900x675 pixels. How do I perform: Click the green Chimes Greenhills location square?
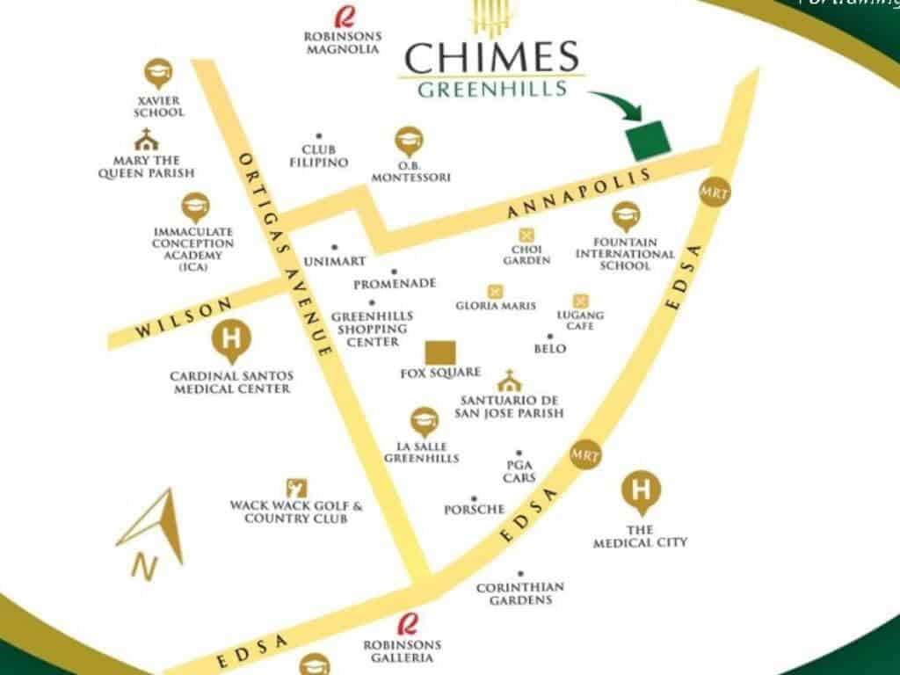click(x=646, y=140)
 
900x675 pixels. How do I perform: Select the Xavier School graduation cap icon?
click(x=158, y=73)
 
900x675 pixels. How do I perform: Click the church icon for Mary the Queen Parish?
click(x=146, y=140)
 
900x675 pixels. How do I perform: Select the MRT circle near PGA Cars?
click(x=584, y=454)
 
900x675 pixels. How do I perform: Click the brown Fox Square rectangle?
click(x=440, y=352)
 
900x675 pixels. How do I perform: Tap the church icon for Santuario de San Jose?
click(x=508, y=381)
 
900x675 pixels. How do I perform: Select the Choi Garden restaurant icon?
click(x=526, y=235)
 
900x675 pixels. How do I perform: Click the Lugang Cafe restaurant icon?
click(x=580, y=301)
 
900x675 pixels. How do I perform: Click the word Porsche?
click(x=475, y=510)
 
